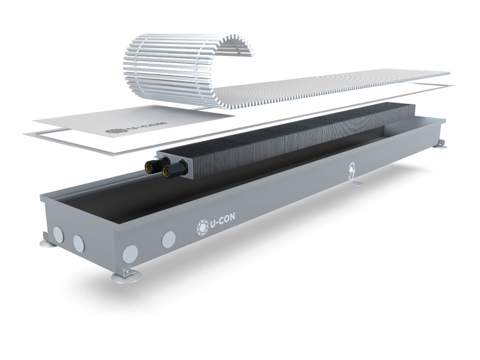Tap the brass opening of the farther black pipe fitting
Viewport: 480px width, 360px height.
click(x=149, y=167)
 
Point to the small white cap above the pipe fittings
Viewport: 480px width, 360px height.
click(x=156, y=158)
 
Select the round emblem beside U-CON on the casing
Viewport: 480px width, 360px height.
click(x=202, y=226)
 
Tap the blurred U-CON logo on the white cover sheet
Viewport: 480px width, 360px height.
click(x=136, y=128)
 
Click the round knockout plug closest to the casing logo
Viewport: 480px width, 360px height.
click(x=169, y=239)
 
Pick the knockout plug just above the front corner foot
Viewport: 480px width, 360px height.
click(x=130, y=254)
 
